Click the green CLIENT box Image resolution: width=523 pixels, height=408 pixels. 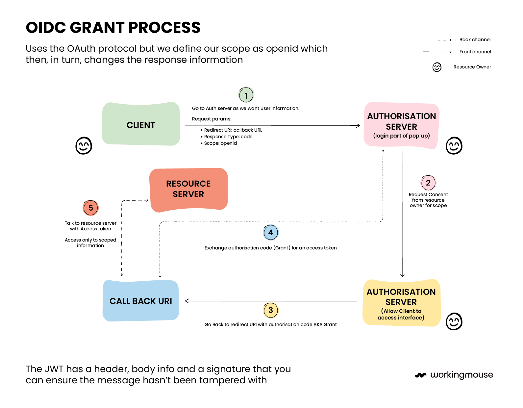(141, 124)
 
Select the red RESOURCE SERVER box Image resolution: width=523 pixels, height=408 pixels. (188, 189)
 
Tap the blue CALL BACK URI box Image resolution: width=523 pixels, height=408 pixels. (141, 301)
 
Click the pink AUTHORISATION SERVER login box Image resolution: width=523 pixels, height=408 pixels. (401, 125)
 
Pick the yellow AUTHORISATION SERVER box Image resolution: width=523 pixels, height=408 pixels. (401, 303)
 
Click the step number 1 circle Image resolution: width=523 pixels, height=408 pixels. (246, 95)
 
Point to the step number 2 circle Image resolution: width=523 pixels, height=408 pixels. (428, 183)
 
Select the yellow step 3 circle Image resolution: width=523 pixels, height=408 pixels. (271, 310)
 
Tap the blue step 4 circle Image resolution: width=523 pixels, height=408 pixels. (271, 233)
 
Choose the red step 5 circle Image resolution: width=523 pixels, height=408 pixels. (90, 208)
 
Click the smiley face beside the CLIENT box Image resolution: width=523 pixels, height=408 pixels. (84, 146)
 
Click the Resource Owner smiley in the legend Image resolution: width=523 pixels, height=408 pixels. (437, 67)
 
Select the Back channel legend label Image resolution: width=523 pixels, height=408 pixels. (475, 40)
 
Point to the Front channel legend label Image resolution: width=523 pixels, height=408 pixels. (475, 52)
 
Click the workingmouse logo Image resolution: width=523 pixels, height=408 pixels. (454, 375)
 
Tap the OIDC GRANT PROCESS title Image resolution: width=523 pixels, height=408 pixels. (113, 28)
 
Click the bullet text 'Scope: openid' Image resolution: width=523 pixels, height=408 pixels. (220, 143)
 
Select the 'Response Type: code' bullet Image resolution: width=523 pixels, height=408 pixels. (228, 137)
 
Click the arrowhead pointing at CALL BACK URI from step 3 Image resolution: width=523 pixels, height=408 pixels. (187, 301)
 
